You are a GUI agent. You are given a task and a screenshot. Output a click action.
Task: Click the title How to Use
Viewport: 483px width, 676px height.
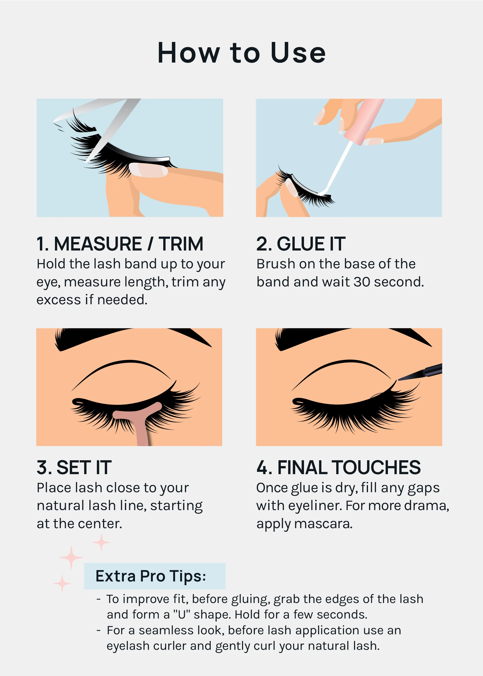tap(242, 53)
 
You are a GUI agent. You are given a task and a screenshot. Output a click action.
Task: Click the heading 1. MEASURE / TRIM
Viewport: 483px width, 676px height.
tap(120, 244)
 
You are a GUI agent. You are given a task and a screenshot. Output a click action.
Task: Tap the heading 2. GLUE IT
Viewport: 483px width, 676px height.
tap(301, 244)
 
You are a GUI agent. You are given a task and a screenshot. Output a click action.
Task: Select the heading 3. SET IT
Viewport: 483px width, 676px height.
tap(74, 467)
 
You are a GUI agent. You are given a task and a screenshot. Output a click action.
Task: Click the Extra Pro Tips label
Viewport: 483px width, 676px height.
tap(151, 576)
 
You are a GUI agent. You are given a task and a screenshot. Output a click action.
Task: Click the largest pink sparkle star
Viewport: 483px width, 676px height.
tap(71, 557)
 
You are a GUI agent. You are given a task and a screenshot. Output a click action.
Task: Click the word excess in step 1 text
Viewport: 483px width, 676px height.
tap(58, 300)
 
